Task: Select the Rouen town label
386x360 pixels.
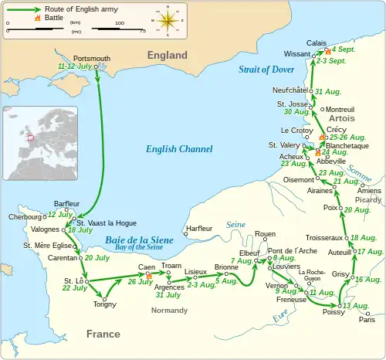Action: coord(265,233)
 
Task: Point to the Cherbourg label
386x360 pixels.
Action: coord(21,217)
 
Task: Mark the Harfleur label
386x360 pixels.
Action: coord(200,228)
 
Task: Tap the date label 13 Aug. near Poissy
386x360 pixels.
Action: coord(356,306)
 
